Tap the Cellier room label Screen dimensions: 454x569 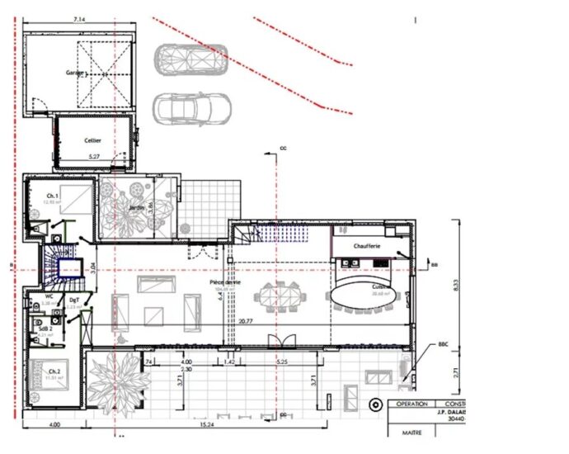92,140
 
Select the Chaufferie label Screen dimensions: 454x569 366,247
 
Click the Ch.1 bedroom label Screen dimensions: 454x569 51,196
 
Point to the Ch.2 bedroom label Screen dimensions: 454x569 52,371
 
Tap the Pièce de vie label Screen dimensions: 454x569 224,282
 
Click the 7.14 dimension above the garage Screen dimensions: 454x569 80,18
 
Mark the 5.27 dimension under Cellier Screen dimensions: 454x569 94,156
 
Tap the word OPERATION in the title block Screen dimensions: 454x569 411,404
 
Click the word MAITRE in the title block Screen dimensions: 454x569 411,431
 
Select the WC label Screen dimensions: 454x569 49,296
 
